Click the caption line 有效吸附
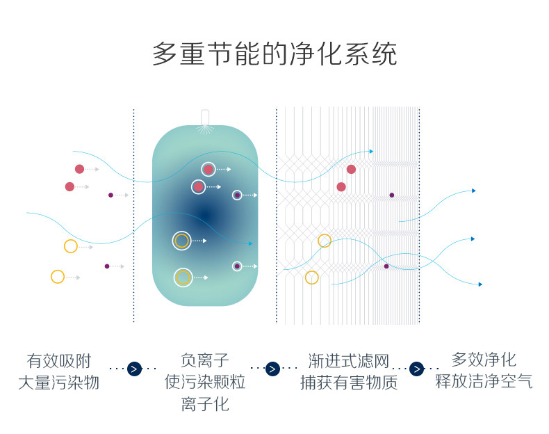59,361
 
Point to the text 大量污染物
59,383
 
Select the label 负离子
205,360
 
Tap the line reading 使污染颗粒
205,382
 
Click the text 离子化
205,404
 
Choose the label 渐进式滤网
349,361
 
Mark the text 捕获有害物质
349,383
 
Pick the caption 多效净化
484,360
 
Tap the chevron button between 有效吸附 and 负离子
134,369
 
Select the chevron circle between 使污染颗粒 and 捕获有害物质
273,369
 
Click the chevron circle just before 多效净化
417,369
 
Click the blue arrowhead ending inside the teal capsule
249,243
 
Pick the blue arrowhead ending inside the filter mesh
370,151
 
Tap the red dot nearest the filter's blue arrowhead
351,169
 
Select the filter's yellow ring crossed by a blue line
325,241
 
